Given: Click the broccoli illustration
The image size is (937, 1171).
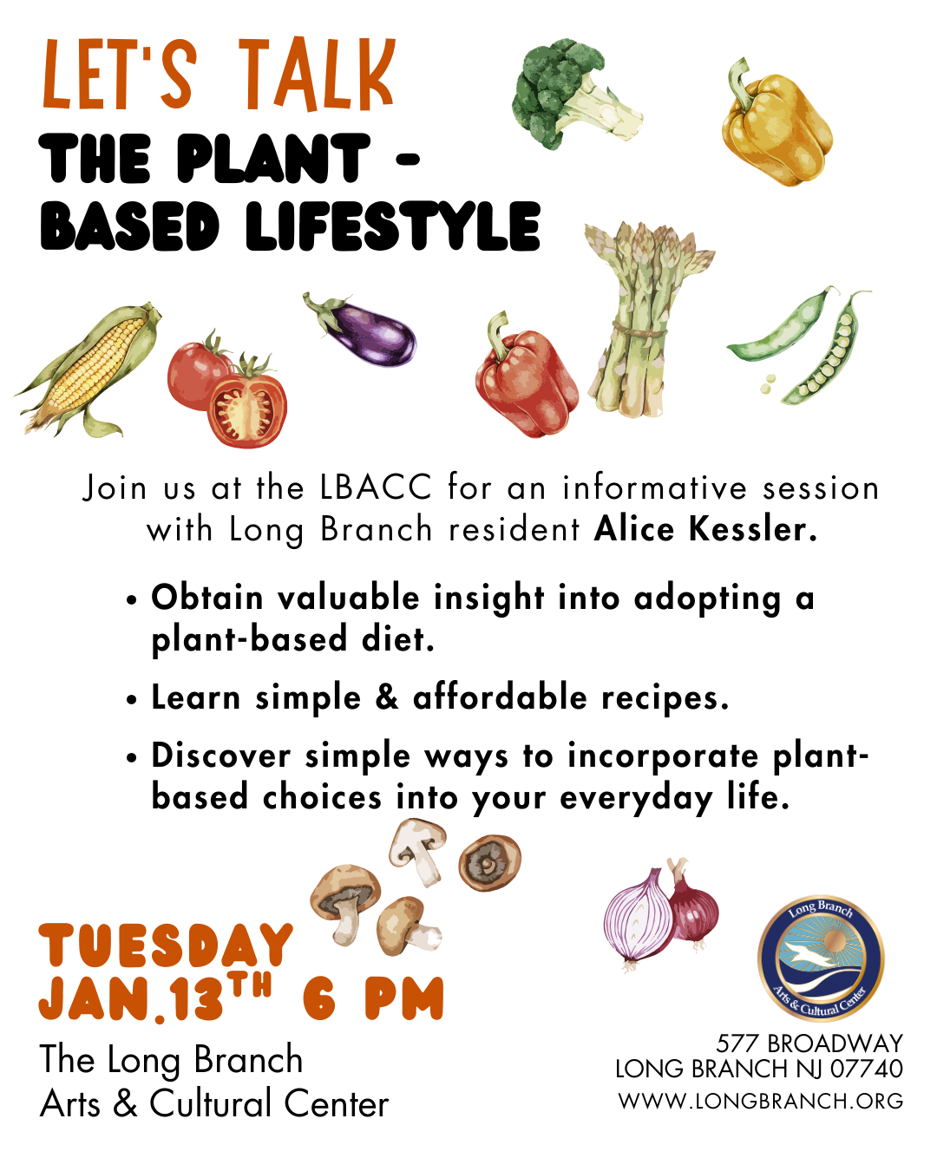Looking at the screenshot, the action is click(572, 94).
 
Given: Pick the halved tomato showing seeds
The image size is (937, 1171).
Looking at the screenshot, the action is click(247, 405).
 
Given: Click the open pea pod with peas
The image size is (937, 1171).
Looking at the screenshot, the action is click(828, 351).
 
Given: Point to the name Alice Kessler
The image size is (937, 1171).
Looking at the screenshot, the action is click(705, 529).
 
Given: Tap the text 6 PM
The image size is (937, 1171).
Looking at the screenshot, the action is click(373, 998).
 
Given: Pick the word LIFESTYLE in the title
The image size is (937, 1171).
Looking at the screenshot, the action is click(392, 226).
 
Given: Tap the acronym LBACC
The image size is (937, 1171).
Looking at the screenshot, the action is click(377, 487).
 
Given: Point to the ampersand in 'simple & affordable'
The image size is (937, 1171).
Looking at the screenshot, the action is click(387, 698).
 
